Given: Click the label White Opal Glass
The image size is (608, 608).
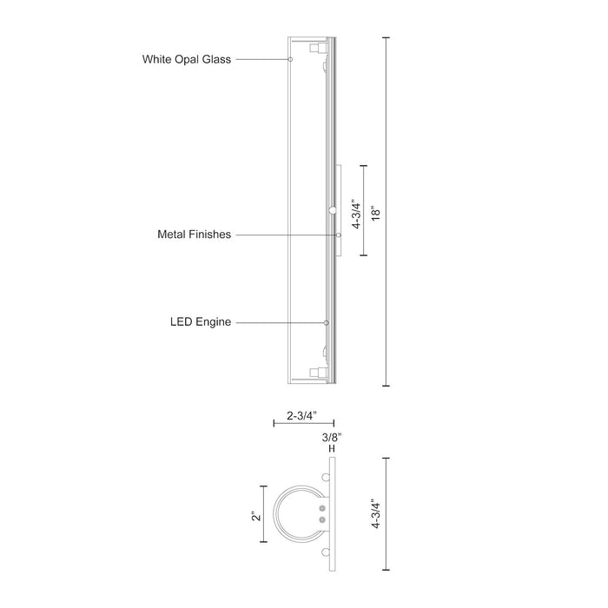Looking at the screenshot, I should [x=187, y=60].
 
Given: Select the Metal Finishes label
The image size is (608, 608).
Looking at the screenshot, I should [x=194, y=235].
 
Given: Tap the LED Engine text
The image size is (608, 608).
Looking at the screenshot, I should [x=201, y=322].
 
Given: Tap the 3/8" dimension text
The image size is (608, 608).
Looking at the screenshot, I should [x=331, y=436].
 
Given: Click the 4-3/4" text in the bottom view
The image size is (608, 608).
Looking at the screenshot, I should [x=376, y=514].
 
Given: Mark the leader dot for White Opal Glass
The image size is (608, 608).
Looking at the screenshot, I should [x=290, y=59].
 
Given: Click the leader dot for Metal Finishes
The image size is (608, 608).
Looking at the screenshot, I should [x=339, y=235].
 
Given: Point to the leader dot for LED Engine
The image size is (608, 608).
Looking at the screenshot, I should [x=327, y=322].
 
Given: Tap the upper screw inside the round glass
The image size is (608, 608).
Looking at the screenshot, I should [x=322, y=507].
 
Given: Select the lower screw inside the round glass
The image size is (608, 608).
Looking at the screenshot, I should [x=322, y=519].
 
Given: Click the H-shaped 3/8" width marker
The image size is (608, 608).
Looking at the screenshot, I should [x=331, y=449].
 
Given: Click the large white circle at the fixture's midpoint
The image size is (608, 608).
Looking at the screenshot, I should [x=332, y=210].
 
